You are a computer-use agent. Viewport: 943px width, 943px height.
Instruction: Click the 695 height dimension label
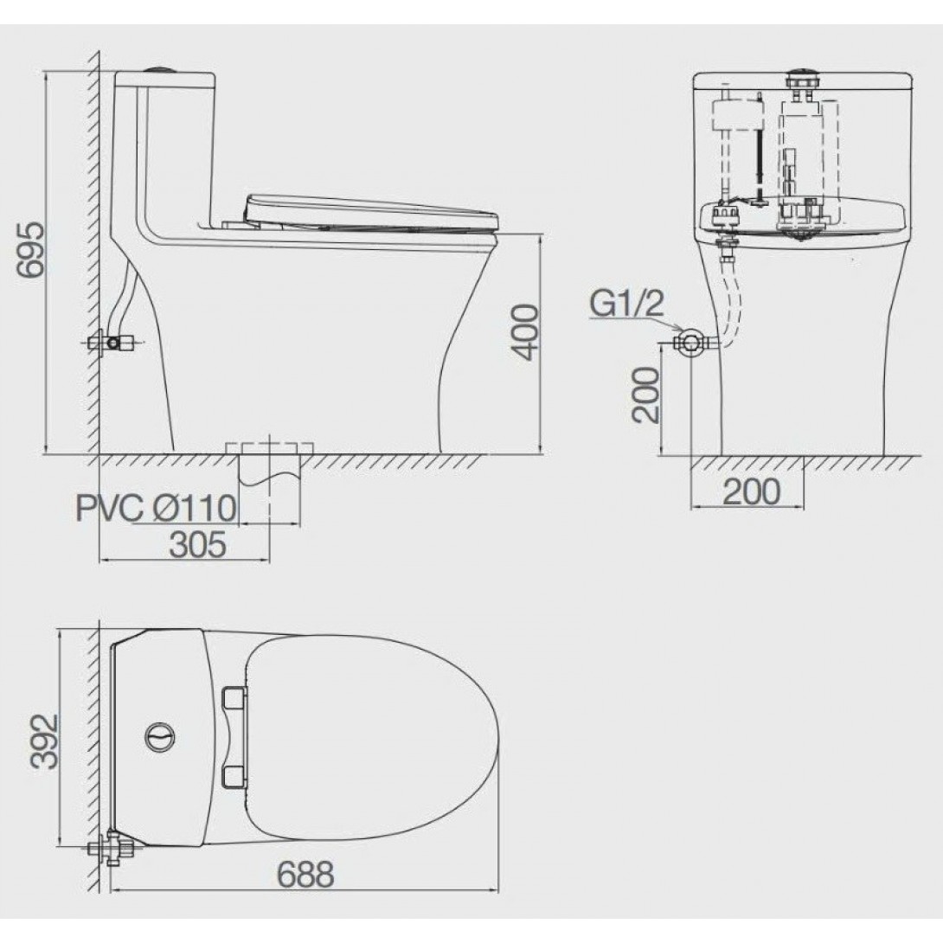[30, 250]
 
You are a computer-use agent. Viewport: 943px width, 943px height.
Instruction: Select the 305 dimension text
[198, 544]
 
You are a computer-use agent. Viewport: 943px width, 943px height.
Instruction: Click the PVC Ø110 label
[156, 508]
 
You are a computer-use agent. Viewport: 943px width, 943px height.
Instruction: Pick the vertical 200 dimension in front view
[645, 395]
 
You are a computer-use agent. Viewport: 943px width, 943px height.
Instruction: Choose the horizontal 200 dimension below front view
[752, 491]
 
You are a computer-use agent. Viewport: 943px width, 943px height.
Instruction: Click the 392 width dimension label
[45, 742]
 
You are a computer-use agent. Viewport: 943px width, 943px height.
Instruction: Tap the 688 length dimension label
[305, 874]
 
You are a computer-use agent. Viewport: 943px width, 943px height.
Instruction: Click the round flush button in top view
[161, 735]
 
